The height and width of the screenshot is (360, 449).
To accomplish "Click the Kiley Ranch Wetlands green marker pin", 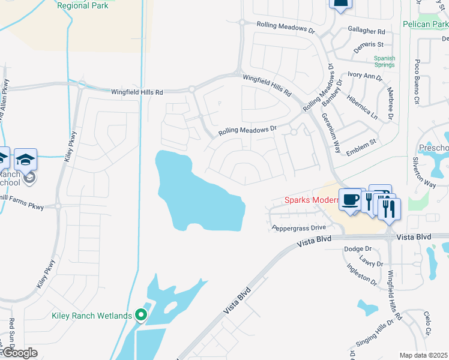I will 142,314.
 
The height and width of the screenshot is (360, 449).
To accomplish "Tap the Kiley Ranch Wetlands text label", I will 91,316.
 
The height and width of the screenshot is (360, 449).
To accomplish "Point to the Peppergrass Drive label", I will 298,228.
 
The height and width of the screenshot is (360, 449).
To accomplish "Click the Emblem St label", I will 363,142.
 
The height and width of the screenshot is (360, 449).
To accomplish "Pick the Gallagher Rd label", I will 366,31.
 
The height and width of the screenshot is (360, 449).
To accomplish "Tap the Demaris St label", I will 368,44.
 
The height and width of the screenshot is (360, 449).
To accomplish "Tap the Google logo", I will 19,353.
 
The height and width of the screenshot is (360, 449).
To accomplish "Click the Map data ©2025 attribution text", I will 423,355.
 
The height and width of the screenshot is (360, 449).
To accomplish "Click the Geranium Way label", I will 331,127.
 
